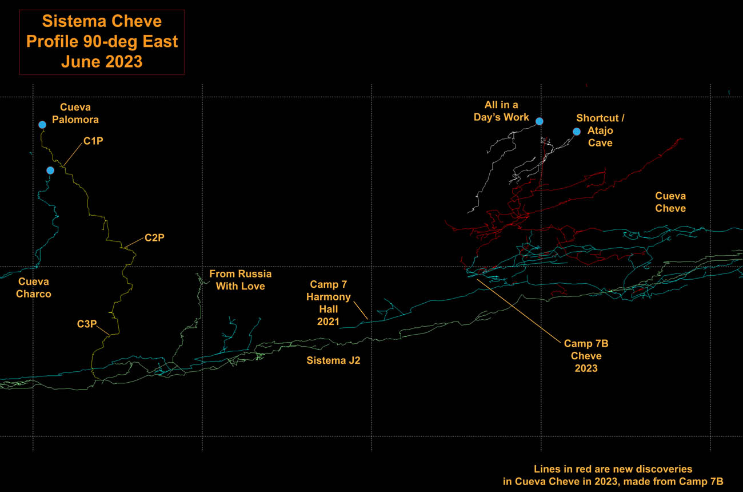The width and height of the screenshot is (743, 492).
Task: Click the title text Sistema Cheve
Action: click(x=102, y=22)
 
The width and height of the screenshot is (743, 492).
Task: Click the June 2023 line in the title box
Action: click(x=102, y=62)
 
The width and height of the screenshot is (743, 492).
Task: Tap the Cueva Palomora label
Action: click(x=79, y=113)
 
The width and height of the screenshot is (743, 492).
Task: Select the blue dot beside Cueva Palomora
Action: click(x=42, y=125)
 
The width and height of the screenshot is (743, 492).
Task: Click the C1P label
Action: click(x=93, y=141)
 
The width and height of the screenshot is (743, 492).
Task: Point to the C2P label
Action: click(x=154, y=237)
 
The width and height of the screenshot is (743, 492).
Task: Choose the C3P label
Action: click(x=87, y=324)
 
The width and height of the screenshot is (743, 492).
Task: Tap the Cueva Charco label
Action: click(x=34, y=288)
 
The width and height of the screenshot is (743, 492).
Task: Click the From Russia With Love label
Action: click(x=241, y=280)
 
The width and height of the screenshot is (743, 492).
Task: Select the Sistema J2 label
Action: click(x=333, y=360)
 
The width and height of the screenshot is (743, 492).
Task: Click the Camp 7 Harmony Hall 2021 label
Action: click(x=328, y=303)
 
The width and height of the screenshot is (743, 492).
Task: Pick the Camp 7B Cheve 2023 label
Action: click(x=586, y=356)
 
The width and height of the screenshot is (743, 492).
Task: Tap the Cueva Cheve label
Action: click(x=670, y=202)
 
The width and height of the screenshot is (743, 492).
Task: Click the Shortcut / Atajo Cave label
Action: click(x=600, y=130)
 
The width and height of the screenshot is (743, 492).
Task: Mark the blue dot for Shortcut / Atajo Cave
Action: click(x=577, y=132)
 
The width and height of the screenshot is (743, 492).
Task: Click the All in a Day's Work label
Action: click(x=501, y=111)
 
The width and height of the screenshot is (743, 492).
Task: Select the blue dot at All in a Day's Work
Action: click(x=539, y=121)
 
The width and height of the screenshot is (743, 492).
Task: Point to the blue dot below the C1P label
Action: click(x=50, y=170)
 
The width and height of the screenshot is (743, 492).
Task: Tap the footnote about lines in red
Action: click(x=613, y=475)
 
